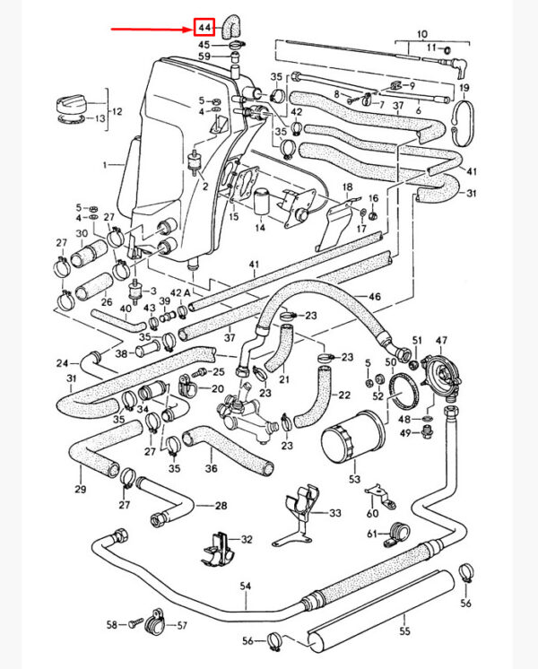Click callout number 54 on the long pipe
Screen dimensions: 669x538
[245, 586]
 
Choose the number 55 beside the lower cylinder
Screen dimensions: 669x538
[403, 619]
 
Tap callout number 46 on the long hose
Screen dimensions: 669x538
[374, 295]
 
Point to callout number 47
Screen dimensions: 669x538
[441, 341]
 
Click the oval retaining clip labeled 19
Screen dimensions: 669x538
[464, 118]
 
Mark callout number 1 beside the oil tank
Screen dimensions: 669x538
[106, 165]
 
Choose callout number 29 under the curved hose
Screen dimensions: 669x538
[81, 489]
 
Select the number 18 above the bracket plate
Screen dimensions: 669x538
[347, 188]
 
